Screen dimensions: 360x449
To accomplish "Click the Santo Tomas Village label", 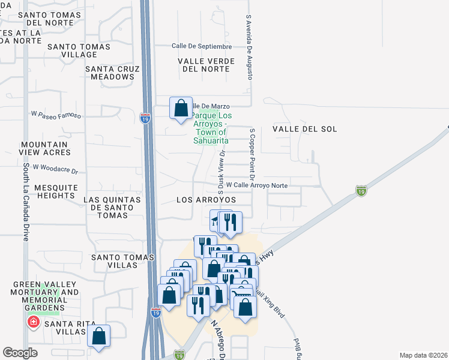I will [87, 50].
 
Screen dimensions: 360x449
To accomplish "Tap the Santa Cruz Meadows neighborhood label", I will [112, 73].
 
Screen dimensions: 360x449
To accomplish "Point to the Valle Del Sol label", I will [304, 129].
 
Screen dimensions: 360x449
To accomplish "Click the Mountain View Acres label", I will [44, 149].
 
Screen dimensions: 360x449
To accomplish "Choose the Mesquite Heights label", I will [56, 191].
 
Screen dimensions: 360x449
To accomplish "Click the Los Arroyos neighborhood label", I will [206, 199].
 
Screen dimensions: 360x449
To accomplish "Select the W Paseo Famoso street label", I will [56, 114].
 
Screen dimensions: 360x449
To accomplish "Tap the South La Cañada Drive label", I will [26, 202].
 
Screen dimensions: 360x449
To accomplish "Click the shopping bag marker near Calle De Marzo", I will [181, 109].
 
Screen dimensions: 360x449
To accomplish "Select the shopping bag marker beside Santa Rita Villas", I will [99, 337].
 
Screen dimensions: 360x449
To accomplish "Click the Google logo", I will [20, 353].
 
